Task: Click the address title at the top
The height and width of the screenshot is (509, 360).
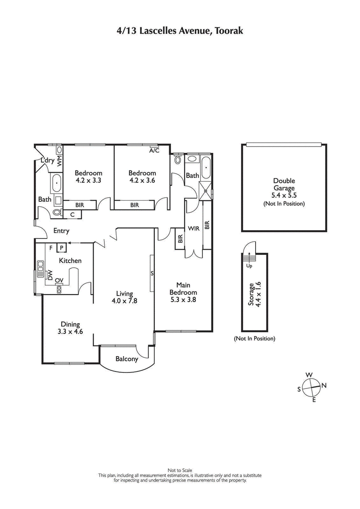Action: [180, 30]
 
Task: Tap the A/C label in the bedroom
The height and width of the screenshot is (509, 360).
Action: [154, 151]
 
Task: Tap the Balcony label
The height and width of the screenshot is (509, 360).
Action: [126, 359]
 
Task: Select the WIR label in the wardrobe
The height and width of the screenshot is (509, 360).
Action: [193, 228]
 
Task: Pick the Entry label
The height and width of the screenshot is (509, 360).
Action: [61, 231]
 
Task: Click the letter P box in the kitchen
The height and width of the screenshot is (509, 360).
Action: [61, 247]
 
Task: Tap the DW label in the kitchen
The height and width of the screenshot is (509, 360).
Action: [50, 274]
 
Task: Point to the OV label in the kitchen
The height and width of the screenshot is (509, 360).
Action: [59, 281]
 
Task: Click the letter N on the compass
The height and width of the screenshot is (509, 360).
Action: [324, 385]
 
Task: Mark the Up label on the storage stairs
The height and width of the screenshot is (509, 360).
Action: [248, 265]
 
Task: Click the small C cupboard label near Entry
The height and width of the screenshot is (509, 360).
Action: [72, 214]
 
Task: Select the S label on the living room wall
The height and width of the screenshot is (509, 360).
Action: [152, 273]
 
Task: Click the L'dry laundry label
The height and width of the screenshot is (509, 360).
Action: [47, 160]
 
